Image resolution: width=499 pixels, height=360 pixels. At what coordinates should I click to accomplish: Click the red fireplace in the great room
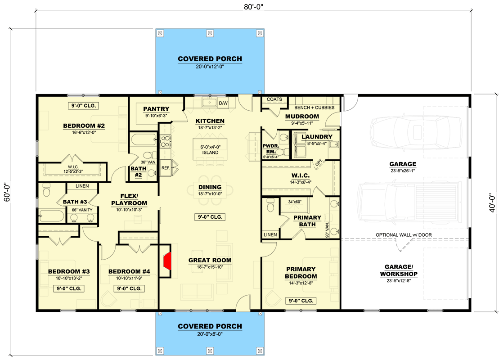click(x=167, y=261)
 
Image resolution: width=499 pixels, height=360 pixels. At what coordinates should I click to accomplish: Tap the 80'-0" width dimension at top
click(x=254, y=7)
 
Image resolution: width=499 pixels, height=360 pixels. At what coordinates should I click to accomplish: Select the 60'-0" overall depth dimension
click(x=7, y=192)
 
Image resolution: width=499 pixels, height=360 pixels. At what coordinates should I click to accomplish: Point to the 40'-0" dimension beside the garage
click(x=492, y=203)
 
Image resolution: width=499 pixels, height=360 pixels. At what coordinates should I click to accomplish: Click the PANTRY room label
click(x=156, y=109)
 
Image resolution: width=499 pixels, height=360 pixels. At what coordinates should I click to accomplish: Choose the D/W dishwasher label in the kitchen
click(x=223, y=103)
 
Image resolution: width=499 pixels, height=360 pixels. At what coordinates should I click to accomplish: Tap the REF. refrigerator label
click(x=166, y=168)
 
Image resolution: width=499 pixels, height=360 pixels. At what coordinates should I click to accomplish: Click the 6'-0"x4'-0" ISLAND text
click(x=210, y=149)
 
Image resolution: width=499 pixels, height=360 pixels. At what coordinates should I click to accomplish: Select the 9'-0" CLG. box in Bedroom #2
click(x=83, y=106)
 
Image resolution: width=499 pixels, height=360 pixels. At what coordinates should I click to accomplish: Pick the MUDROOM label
click(x=302, y=117)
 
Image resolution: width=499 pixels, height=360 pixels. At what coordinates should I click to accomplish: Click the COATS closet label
click(x=274, y=99)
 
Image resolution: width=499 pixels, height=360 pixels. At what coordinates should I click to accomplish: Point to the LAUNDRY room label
click(x=317, y=136)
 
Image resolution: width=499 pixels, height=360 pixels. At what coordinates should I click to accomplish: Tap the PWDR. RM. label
click(x=271, y=148)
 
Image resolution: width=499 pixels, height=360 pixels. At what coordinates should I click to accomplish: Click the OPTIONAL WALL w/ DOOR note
click(x=404, y=235)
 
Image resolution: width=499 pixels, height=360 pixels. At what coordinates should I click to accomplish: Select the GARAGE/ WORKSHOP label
click(x=399, y=270)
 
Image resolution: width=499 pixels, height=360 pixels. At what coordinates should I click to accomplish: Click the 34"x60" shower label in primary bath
click(x=295, y=202)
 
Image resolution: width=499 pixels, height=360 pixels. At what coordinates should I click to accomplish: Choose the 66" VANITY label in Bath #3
click(x=82, y=210)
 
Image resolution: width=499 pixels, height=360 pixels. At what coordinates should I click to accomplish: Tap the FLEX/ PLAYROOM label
click(x=129, y=200)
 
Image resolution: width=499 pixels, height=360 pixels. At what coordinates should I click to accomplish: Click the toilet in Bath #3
click(x=47, y=190)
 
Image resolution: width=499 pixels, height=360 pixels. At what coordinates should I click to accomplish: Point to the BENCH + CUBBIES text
click(x=315, y=108)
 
